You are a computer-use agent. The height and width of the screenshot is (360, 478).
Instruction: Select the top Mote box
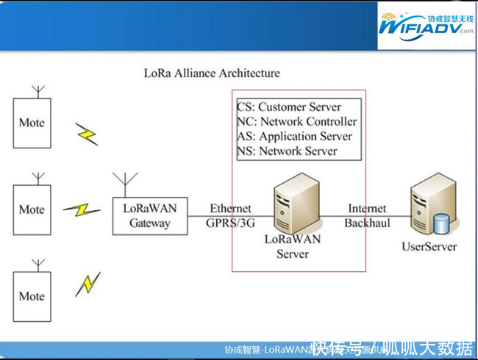pyautogui.click(x=32, y=123)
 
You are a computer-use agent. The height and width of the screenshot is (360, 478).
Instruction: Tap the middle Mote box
pyautogui.click(x=32, y=209)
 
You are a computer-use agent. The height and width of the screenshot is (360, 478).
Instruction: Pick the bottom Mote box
pyautogui.click(x=32, y=296)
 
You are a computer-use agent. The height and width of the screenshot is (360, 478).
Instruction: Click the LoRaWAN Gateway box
pyautogui.click(x=149, y=215)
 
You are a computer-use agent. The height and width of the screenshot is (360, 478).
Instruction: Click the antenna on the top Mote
pyautogui.click(x=40, y=91)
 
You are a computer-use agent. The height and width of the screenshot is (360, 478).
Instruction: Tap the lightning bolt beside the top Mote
pyautogui.click(x=87, y=134)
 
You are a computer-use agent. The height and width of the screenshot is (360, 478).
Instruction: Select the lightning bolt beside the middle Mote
pyautogui.click(x=82, y=210)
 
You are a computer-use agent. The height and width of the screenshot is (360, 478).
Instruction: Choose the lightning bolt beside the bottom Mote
pyautogui.click(x=88, y=284)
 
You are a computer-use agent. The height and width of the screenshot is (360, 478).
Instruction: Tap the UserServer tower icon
pyautogui.click(x=429, y=206)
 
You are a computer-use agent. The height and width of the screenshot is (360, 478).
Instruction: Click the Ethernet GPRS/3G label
pyautogui.click(x=230, y=215)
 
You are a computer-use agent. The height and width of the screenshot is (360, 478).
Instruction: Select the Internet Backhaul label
pyautogui.click(x=367, y=215)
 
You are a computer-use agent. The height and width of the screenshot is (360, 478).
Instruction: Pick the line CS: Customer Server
pyautogui.click(x=289, y=107)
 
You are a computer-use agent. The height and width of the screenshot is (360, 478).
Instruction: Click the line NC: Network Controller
pyautogui.click(x=297, y=122)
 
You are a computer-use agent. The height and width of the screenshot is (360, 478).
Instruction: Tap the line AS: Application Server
pyautogui.click(x=294, y=137)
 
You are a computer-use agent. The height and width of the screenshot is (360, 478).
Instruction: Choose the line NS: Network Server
pyautogui.click(x=287, y=151)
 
